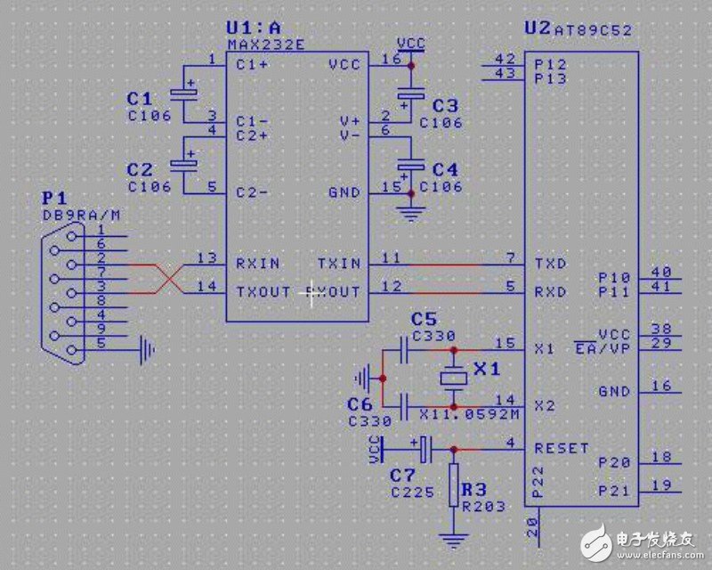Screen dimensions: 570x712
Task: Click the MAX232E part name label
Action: [266, 43]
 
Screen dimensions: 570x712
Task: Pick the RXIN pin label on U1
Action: [257, 264]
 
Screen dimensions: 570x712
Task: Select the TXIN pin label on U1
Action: [339, 264]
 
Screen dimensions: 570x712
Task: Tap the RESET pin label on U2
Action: [562, 448]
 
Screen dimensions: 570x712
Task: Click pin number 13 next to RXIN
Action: [207, 258]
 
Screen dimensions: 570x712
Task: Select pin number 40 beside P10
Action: [661, 273]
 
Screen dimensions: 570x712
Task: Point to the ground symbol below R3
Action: [453, 538]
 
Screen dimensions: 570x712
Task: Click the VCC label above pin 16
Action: [410, 43]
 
